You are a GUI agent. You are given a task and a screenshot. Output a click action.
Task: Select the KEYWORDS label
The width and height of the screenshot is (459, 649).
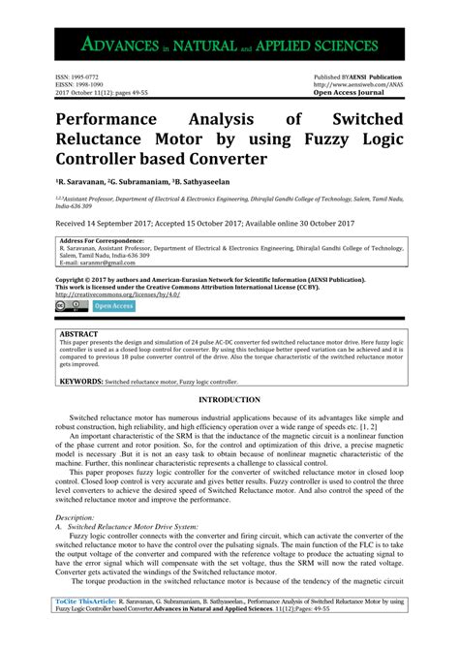83,382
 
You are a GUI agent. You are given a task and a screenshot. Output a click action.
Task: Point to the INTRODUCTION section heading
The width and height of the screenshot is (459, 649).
229,400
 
